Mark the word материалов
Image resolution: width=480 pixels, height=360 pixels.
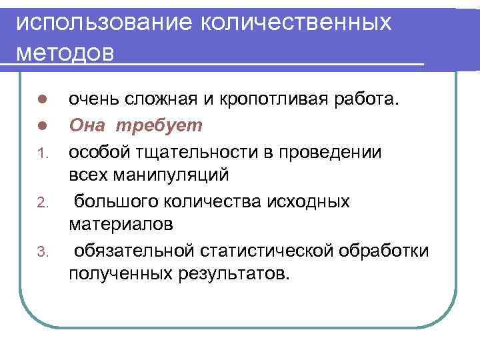point(121,225)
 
